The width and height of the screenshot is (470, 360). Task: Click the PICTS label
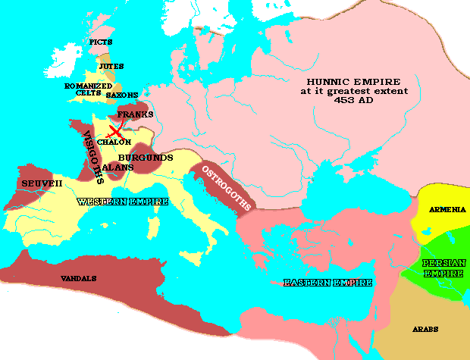pyautogui.click(x=101, y=42)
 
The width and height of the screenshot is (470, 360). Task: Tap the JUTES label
pyautogui.click(x=111, y=67)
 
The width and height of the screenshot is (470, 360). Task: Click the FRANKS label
pyautogui.click(x=136, y=114)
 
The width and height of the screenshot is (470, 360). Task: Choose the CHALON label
pyautogui.click(x=114, y=142)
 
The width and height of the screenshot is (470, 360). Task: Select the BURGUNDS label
pyautogui.click(x=146, y=158)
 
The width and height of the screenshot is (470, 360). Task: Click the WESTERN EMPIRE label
pyautogui.click(x=112, y=202)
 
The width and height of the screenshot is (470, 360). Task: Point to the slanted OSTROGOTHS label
pyautogui.click(x=224, y=183)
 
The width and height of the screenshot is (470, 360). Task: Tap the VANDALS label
pyautogui.click(x=78, y=279)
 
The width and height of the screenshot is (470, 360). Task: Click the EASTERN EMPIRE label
pyautogui.click(x=327, y=283)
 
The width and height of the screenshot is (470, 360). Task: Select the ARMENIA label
pyautogui.click(x=447, y=208)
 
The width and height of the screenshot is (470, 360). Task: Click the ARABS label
pyautogui.click(x=425, y=329)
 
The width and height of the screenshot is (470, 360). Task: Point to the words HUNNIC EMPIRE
pyautogui.click(x=353, y=81)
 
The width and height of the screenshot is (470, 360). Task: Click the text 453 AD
pyautogui.click(x=353, y=102)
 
